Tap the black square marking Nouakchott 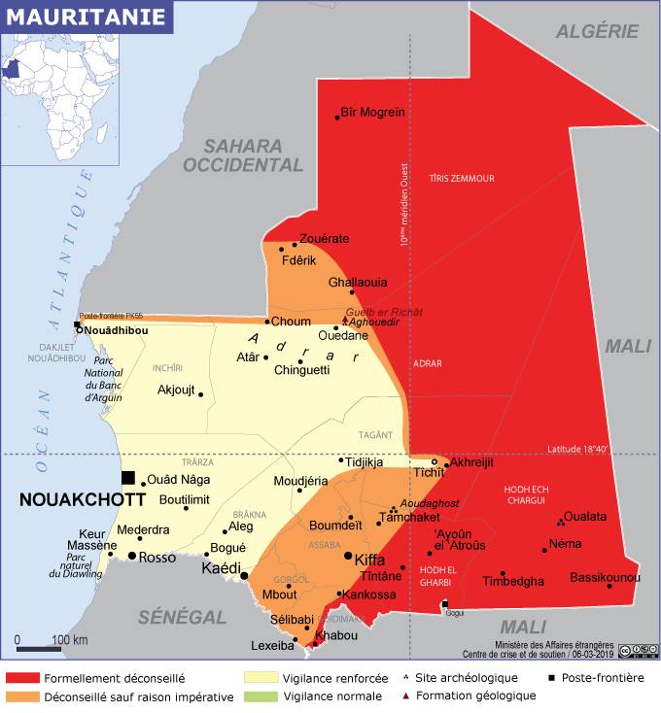point(128,477)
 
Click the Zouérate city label point(324,238)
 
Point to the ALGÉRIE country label point(597,31)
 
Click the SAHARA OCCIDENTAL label point(245,155)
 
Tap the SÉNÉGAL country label point(182,616)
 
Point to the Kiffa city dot point(348,555)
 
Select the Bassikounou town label point(605,577)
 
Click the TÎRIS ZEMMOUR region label point(461,179)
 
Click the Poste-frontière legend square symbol point(550,678)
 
